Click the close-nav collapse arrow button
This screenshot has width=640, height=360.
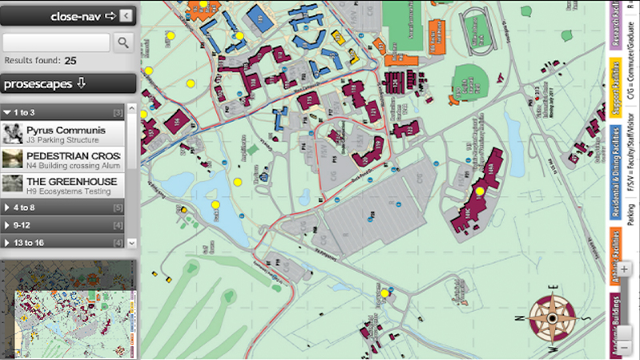point(127,15)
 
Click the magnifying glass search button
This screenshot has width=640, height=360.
point(124,42)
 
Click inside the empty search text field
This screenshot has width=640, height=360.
point(57,42)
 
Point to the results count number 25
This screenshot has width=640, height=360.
point(70,60)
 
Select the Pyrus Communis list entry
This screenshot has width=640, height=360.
point(64,134)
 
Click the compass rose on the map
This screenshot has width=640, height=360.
point(551,316)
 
